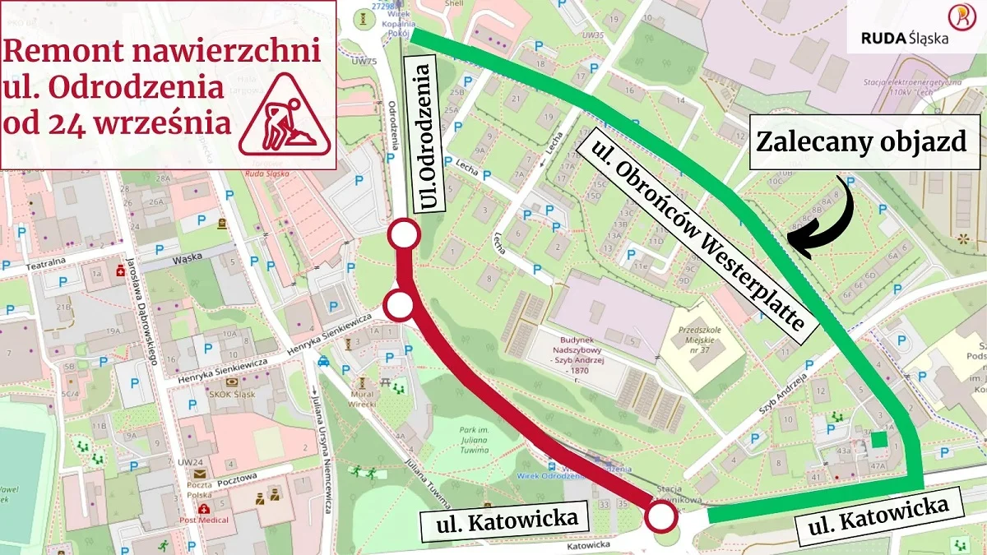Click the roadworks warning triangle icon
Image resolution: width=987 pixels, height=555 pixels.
point(285,115)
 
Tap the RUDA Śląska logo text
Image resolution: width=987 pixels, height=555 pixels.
point(904,37)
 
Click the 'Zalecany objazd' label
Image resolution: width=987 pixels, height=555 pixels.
point(860,141)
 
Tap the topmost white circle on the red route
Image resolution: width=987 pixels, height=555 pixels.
point(404,235)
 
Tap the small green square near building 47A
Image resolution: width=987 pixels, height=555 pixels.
point(879,439)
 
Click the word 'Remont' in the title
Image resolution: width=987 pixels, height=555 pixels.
point(59,51)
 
